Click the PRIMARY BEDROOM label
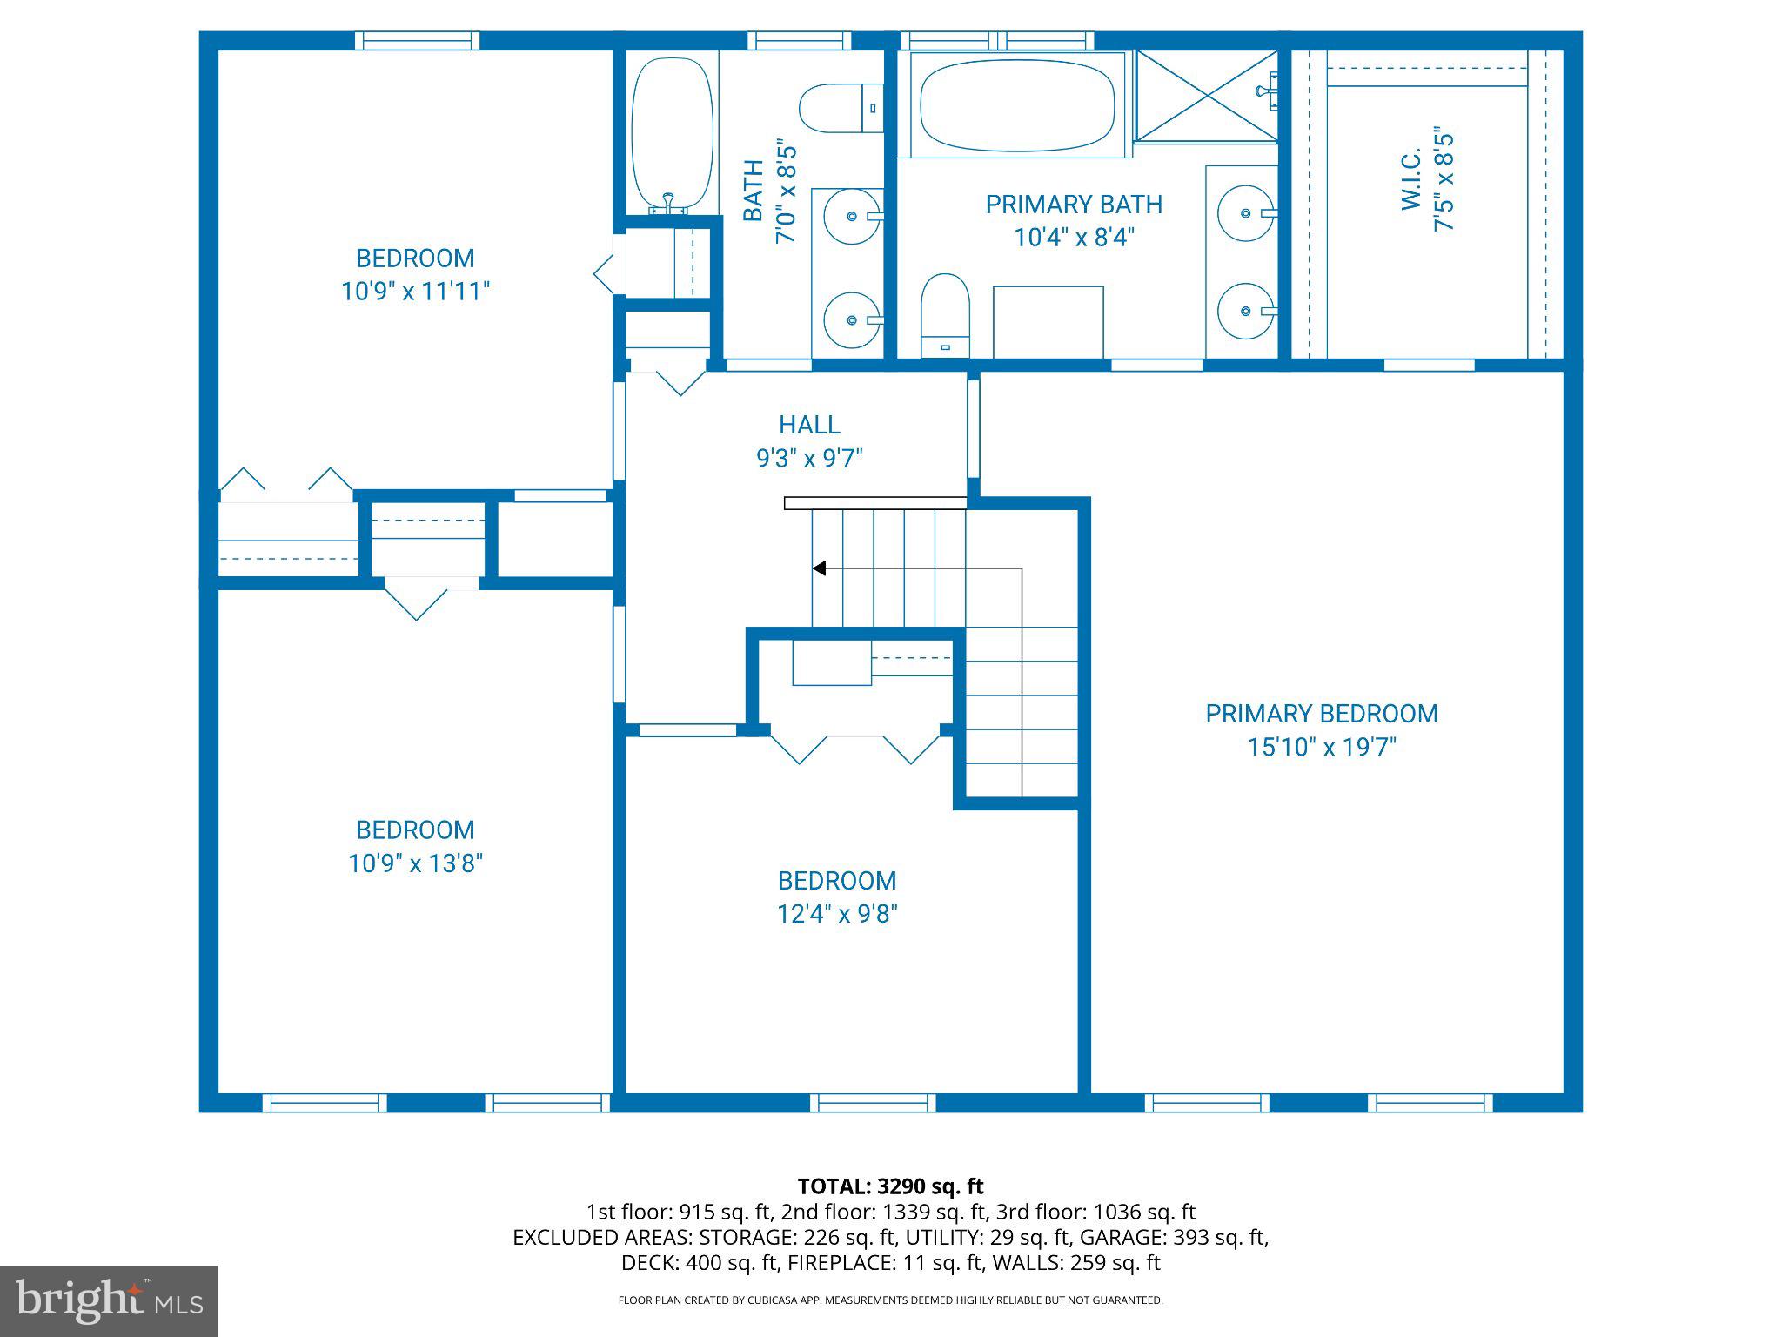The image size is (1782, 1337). point(1321,714)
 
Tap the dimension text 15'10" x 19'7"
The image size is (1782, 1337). point(1321,747)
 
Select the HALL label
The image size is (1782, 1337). point(809,425)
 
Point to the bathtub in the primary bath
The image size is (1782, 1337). point(1016,104)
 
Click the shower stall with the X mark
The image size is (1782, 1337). point(1206,96)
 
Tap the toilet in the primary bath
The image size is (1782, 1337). point(945,313)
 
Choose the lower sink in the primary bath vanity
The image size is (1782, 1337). point(1246,311)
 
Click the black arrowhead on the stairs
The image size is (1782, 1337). point(819,568)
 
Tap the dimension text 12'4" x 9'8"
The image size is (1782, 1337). point(837,914)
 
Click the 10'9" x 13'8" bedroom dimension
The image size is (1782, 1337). point(415,863)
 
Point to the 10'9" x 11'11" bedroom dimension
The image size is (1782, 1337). point(415,291)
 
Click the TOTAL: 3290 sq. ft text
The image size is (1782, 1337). point(890,1186)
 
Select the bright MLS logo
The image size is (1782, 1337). point(108,1300)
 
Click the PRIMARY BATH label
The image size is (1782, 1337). point(1074,205)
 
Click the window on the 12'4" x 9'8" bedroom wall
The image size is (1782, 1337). point(873,1103)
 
